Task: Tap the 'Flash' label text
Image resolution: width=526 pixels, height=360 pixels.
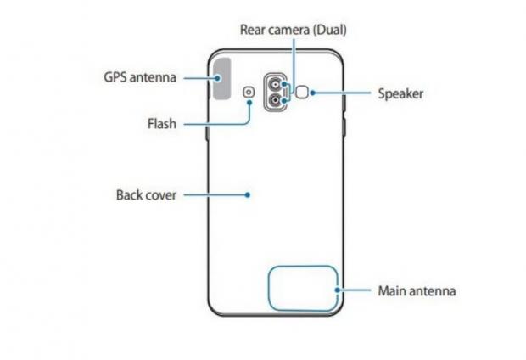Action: tap(159, 125)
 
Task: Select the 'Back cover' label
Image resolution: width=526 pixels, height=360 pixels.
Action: tap(146, 194)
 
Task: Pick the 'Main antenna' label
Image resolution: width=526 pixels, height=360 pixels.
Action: tap(417, 290)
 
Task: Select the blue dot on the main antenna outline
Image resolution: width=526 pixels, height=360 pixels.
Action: tap(339, 290)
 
